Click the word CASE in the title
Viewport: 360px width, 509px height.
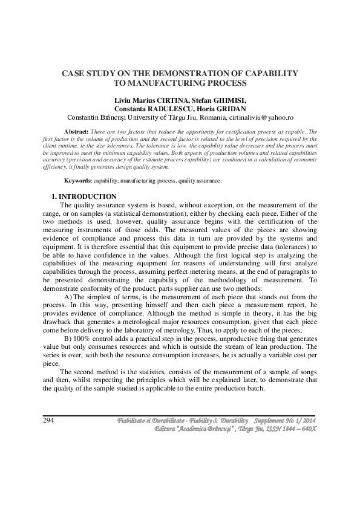pyautogui.click(x=74, y=73)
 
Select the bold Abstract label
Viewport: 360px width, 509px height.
pyautogui.click(x=76, y=131)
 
